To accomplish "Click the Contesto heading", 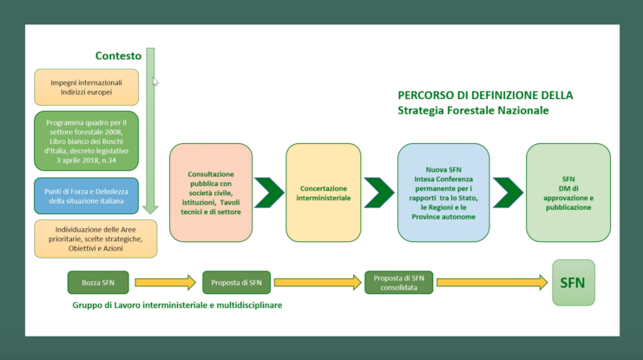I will coord(118,56).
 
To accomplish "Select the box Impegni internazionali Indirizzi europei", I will coord(87,87).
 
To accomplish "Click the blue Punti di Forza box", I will coord(87,195).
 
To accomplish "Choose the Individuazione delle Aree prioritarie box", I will coord(95,239).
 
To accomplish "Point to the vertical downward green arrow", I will coord(150,130).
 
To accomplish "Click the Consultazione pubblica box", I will coord(211,192).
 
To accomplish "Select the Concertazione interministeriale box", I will coord(324,192).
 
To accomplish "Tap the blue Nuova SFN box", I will coord(443,192).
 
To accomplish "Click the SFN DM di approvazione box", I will coord(568,192).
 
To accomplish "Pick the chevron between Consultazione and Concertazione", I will coord(269,193).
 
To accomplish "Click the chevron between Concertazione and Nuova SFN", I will coord(379,193).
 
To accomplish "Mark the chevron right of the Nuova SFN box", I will coord(508,193).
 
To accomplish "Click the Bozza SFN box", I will coord(97,282).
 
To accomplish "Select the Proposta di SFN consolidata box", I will coord(397,282).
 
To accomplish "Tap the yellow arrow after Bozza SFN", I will coord(165,282).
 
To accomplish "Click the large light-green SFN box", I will coord(573,282).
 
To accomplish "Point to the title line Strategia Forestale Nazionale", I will coord(473,111).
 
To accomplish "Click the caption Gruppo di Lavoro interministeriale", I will coord(177,305).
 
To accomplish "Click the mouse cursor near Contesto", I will coord(155,81).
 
